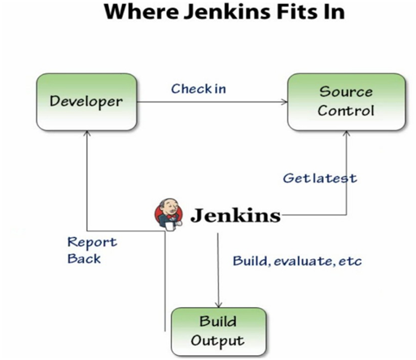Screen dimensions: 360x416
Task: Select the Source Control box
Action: click(346, 102)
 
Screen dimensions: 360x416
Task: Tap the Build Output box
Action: click(217, 330)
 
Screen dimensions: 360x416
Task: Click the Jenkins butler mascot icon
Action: click(169, 215)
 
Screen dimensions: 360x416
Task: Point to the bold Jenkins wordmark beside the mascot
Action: click(235, 216)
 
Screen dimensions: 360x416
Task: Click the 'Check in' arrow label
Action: click(199, 89)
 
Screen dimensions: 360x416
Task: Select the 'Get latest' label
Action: click(319, 178)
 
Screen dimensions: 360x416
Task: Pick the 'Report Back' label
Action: click(91, 250)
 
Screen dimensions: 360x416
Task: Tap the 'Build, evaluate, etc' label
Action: click(297, 261)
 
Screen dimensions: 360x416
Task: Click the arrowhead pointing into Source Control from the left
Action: click(284, 103)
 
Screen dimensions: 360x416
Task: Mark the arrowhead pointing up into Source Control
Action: click(348, 134)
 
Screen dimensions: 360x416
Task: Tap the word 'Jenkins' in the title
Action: click(218, 13)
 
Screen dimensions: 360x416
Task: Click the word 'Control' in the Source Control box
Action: click(346, 111)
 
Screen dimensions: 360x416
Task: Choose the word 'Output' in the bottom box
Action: click(217, 339)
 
